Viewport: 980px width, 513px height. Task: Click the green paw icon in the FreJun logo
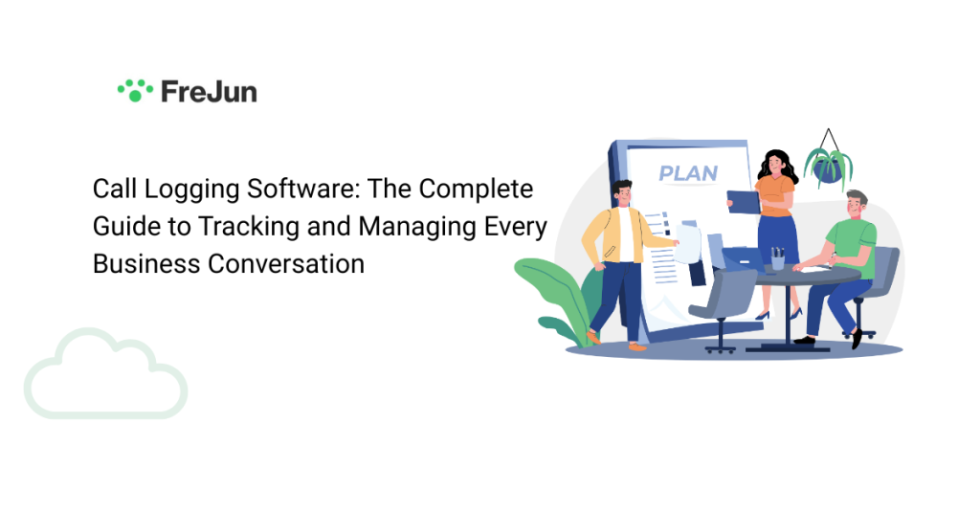(135, 90)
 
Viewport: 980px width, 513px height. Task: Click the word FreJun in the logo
(209, 92)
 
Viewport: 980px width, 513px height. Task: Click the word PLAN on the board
(688, 174)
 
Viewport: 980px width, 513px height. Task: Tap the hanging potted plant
(828, 165)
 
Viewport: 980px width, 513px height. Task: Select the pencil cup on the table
(777, 258)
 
